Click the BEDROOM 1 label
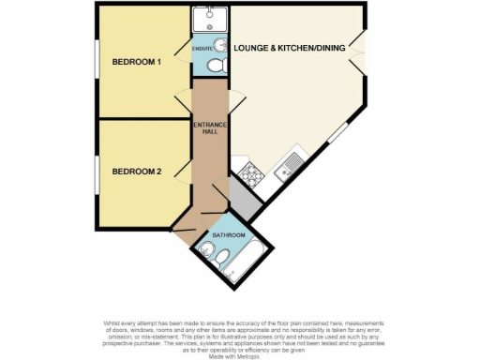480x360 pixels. point(137,63)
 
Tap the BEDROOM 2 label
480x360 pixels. point(137,171)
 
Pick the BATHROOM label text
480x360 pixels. point(229,234)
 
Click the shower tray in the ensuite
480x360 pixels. point(204,22)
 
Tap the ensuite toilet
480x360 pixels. point(215,66)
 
